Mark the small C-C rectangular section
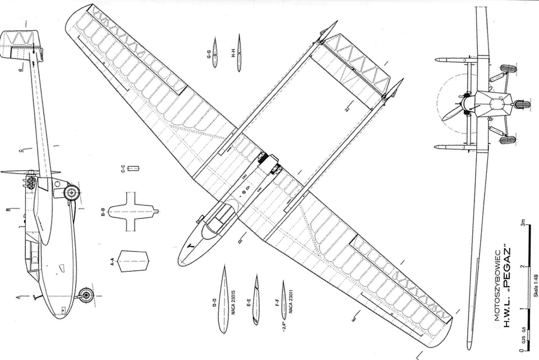[133, 168]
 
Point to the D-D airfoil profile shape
[223, 299]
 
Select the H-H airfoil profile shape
[239, 53]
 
